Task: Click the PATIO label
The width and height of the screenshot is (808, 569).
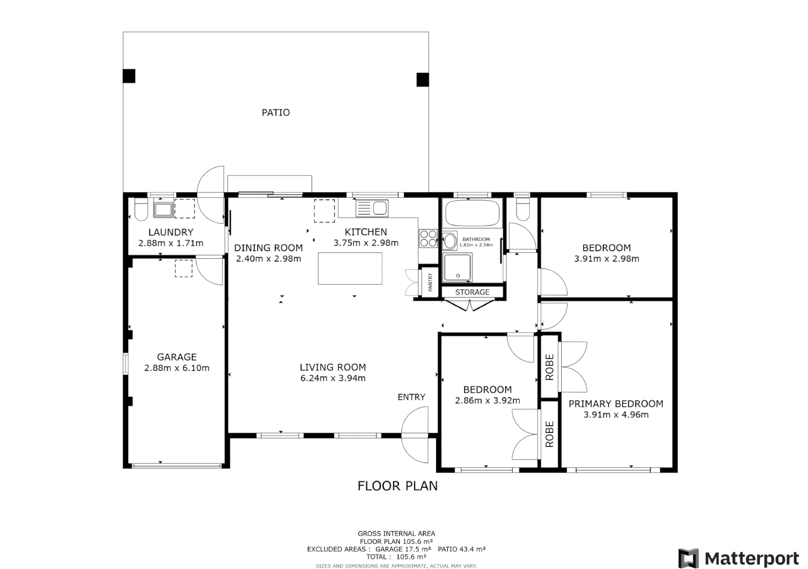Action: click(x=275, y=112)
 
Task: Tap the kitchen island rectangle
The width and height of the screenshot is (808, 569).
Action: click(x=350, y=268)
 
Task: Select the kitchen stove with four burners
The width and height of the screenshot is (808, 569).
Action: click(x=428, y=239)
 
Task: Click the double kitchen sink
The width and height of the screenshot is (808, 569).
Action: click(x=372, y=208)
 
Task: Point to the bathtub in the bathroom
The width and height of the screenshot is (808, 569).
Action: click(x=472, y=213)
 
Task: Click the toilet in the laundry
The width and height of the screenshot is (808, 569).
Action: click(x=141, y=209)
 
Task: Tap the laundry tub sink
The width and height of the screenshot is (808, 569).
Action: click(x=163, y=209)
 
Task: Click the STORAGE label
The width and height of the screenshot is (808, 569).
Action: click(x=472, y=292)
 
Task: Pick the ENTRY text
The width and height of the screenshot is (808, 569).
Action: click(x=411, y=397)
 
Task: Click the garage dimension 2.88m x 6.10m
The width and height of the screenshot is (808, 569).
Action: click(x=177, y=368)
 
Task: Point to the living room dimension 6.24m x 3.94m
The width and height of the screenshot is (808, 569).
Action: click(x=333, y=378)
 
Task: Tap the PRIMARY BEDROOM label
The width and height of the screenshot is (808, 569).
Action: click(x=615, y=404)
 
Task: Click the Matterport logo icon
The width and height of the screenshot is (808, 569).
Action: click(x=688, y=558)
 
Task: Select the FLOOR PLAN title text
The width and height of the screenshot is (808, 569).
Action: click(x=398, y=486)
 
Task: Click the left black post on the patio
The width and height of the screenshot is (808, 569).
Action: click(x=129, y=76)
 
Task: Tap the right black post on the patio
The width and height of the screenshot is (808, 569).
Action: click(x=422, y=80)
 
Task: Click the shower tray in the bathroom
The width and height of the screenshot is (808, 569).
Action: click(x=457, y=267)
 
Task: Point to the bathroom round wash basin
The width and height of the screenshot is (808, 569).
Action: click(x=450, y=241)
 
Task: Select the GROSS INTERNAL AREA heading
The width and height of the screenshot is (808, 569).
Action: click(x=396, y=533)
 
